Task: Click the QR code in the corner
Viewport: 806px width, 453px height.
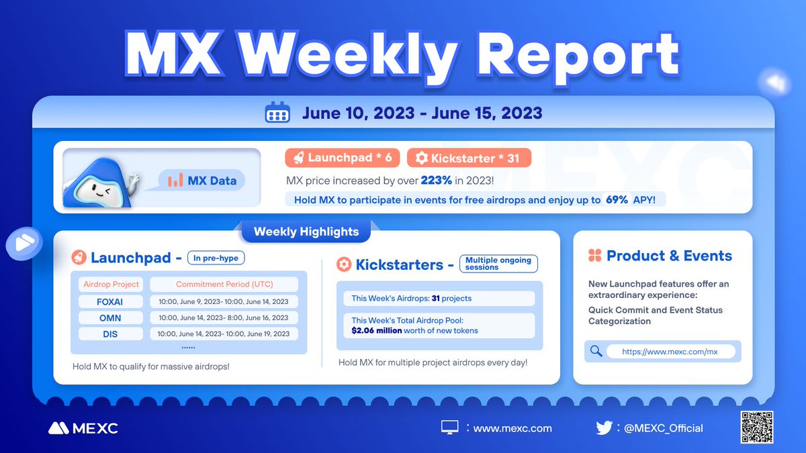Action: pyautogui.click(x=756, y=427)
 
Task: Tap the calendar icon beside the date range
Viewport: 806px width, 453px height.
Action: pyautogui.click(x=277, y=113)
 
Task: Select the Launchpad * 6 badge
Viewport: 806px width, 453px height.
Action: pyautogui.click(x=343, y=158)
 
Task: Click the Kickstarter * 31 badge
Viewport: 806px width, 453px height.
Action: pyautogui.click(x=469, y=158)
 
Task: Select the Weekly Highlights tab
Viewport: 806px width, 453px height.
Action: pyautogui.click(x=306, y=232)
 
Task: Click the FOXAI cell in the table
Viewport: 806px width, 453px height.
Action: pyautogui.click(x=110, y=301)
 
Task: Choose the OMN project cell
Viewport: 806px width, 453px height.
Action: pyautogui.click(x=110, y=317)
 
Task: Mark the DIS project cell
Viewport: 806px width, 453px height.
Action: pyautogui.click(x=110, y=334)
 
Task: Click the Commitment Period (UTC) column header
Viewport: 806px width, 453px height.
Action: pyautogui.click(x=224, y=284)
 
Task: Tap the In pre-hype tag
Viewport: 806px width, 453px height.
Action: pyautogui.click(x=216, y=258)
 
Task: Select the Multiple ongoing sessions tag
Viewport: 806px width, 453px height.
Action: pyautogui.click(x=498, y=263)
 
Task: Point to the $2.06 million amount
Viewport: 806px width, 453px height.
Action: pyautogui.click(x=377, y=330)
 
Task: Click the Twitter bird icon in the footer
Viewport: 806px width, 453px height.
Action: pyautogui.click(x=604, y=427)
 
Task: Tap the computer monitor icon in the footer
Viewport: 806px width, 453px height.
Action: pyautogui.click(x=449, y=427)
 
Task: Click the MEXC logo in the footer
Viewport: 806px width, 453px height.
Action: pyautogui.click(x=83, y=428)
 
